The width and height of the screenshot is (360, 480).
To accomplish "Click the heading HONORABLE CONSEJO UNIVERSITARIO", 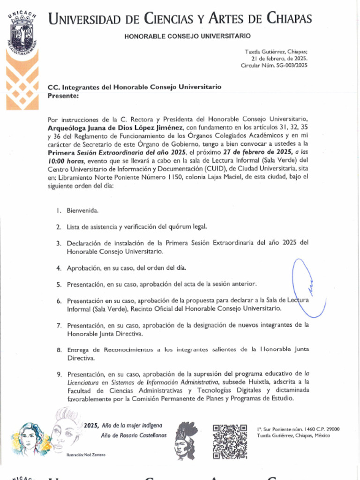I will [187, 36].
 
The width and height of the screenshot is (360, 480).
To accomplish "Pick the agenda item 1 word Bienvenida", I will [82, 210].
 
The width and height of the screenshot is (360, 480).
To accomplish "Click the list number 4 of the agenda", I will [59, 268].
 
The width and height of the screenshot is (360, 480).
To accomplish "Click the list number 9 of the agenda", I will [59, 375].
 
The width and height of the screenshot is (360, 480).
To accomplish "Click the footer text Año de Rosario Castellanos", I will [134, 435].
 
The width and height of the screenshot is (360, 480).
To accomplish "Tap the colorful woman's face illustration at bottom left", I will [29, 439].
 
